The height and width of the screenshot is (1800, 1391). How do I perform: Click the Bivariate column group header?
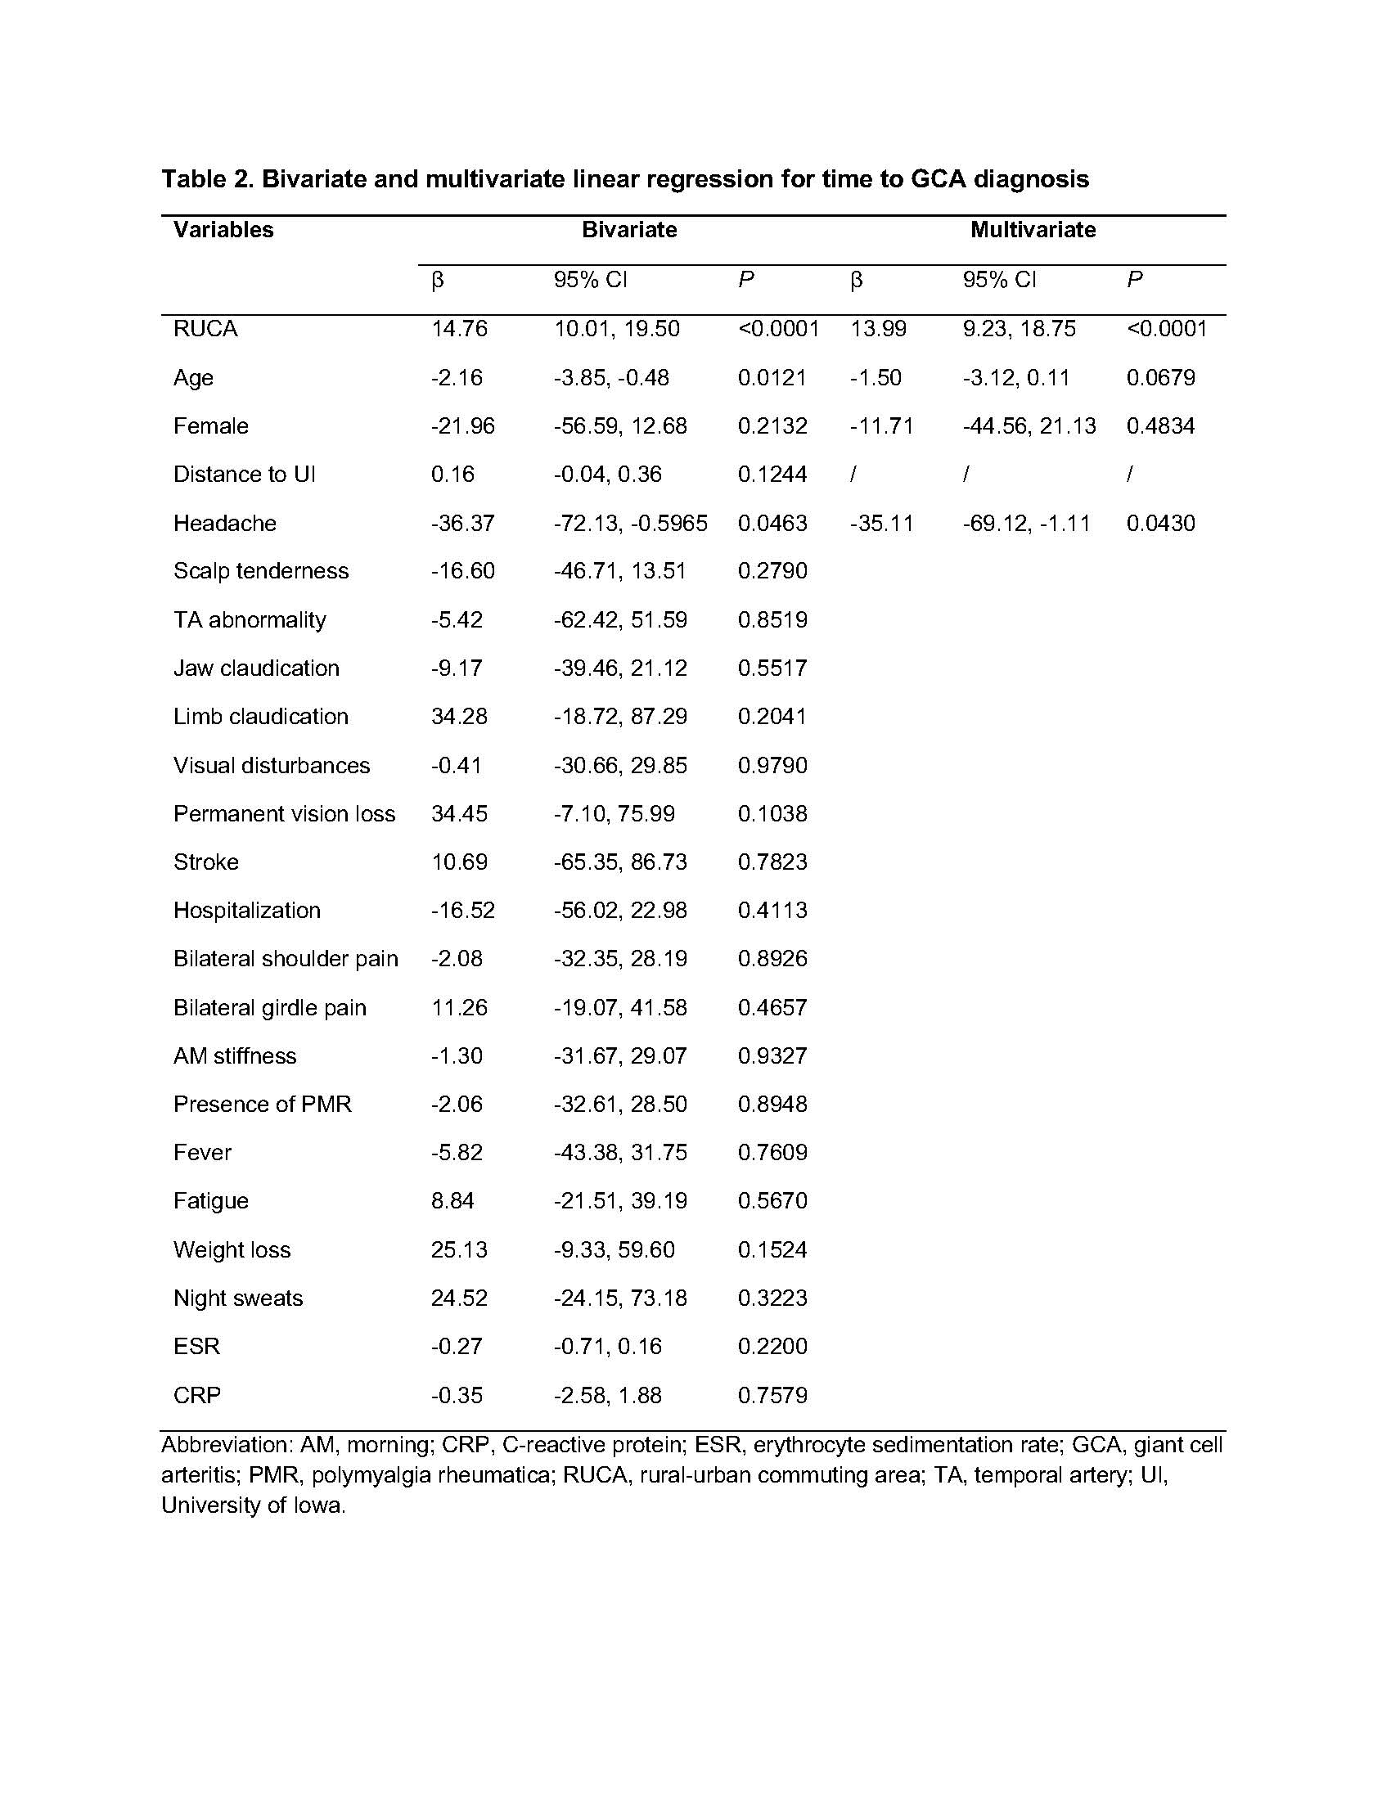pos(628,229)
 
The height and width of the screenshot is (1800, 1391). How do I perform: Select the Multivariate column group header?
pos(1033,229)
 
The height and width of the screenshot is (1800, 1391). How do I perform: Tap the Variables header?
pos(223,229)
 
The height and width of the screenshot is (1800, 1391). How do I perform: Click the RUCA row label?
pos(205,329)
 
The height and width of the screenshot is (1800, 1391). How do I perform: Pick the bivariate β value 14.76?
pos(459,329)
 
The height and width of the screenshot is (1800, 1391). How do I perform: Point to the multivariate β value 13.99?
pos(878,329)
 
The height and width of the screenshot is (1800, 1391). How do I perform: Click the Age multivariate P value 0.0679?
pos(1160,377)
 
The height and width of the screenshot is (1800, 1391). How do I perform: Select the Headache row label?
pos(224,524)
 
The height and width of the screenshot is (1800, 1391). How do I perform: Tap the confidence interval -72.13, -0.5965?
pos(630,524)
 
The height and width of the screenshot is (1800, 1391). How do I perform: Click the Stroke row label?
pos(206,862)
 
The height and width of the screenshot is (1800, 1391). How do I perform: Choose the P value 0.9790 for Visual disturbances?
pos(772,766)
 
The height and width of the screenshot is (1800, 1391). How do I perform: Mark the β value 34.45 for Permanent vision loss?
pos(459,814)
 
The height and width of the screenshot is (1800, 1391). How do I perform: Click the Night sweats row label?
pos(238,1298)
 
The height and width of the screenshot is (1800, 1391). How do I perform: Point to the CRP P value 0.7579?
pos(772,1395)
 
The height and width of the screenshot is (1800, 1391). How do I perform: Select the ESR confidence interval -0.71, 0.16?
pos(607,1347)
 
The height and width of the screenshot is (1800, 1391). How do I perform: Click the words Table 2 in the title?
pos(206,179)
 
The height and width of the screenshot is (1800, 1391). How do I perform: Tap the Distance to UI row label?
pos(244,475)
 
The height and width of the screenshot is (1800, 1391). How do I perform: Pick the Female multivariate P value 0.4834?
pos(1160,426)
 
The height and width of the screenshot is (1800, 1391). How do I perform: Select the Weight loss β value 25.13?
pos(459,1249)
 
